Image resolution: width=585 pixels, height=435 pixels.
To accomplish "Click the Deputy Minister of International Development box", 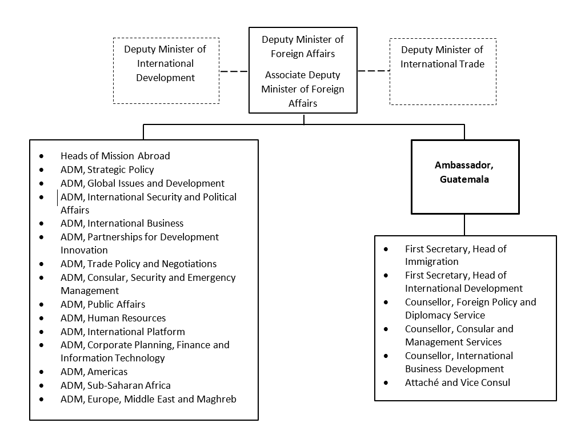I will click(166, 70).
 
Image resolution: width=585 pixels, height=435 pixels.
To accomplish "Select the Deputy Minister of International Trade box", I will click(443, 71).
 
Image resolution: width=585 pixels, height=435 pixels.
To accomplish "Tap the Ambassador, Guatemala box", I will click(465, 176).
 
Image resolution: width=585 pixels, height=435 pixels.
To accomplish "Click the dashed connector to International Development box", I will click(234, 71).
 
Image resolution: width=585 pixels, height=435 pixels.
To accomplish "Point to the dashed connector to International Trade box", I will click(373, 71).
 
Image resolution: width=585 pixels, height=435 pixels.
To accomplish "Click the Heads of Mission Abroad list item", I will click(115, 156).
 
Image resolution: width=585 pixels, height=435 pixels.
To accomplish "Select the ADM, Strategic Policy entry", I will click(107, 170).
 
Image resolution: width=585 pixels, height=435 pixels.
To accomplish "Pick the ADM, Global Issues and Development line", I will click(142, 183).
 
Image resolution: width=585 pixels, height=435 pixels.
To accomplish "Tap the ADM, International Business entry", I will click(122, 223).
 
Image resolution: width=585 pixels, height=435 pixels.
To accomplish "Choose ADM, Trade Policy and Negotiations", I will click(138, 264).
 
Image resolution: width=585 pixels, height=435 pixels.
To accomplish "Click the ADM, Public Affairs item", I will click(103, 304).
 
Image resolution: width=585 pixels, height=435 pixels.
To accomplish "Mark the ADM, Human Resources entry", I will click(113, 318).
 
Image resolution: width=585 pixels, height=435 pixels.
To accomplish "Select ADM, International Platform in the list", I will click(122, 332).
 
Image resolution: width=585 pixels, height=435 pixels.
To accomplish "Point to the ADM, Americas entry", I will click(94, 372).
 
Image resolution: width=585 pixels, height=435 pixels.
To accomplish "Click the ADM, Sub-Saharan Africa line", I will click(115, 386).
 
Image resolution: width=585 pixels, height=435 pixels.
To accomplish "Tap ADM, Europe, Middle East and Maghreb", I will click(148, 400).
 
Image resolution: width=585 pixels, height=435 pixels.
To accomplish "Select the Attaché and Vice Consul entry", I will click(458, 382).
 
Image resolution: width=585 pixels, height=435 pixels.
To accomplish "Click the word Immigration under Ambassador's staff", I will click(432, 261).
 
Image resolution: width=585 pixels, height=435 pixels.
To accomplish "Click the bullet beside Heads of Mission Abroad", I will click(42, 156).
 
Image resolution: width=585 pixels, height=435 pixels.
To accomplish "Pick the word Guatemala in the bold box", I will click(465, 179).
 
